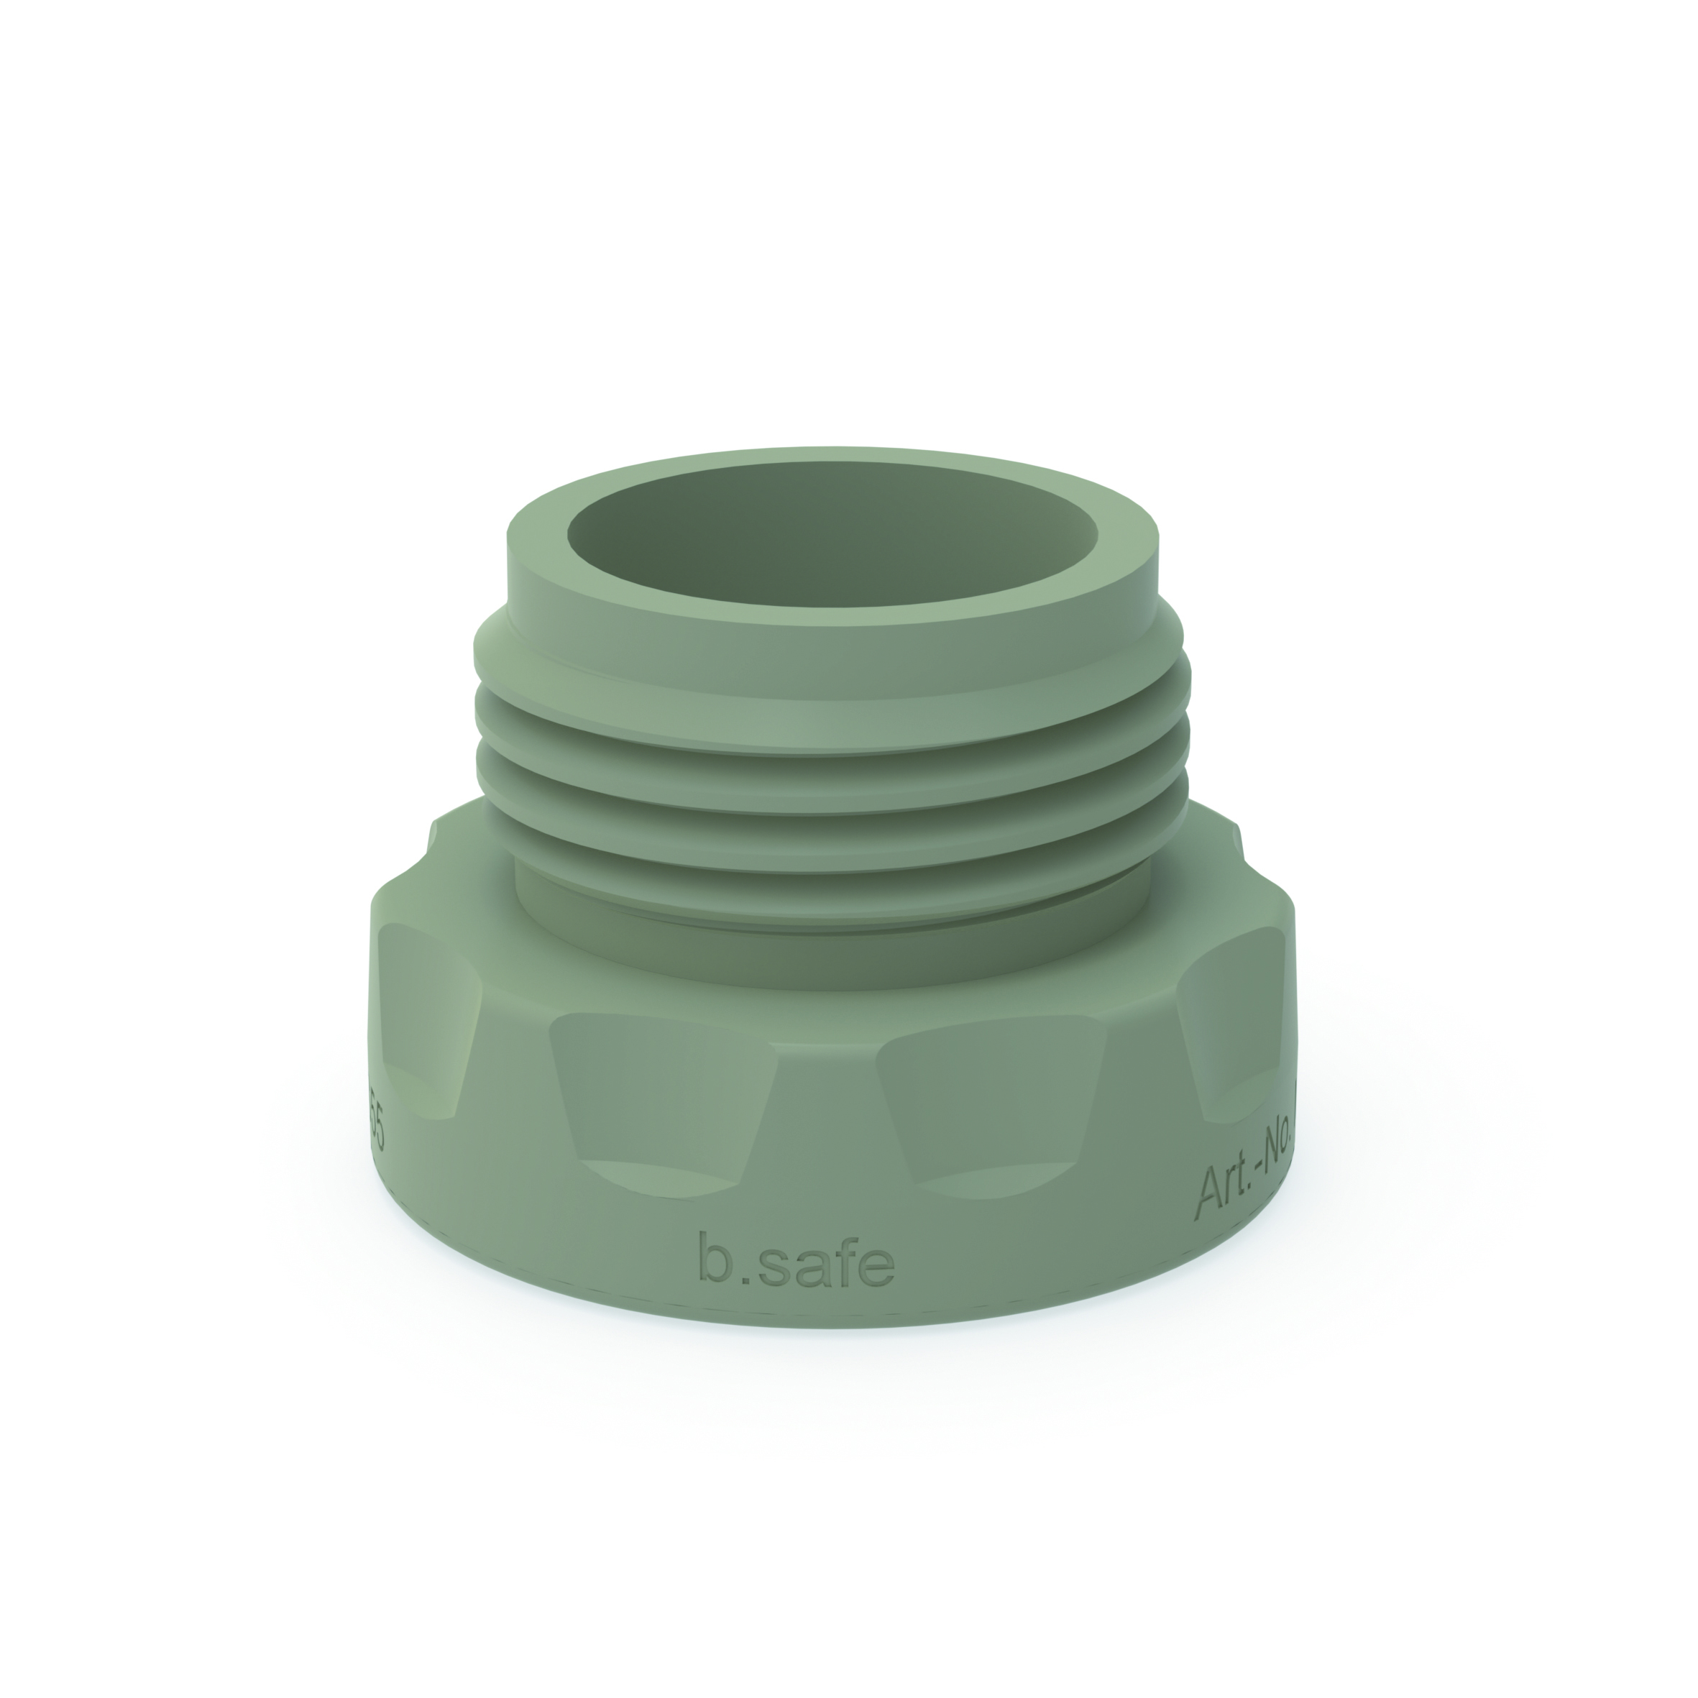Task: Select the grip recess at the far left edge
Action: pos(422,1019)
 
